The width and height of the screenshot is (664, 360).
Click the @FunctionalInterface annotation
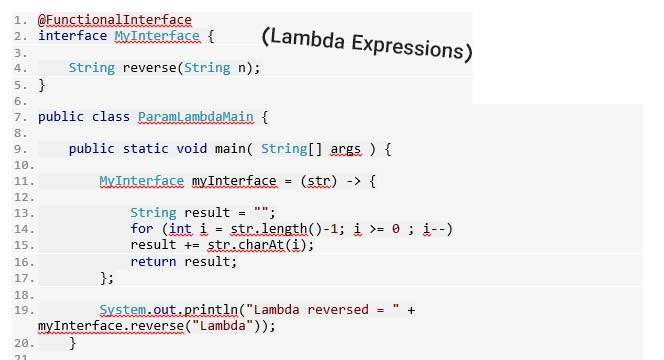(114, 19)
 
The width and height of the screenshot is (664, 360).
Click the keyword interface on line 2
(72, 36)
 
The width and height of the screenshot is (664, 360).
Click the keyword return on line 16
(153, 261)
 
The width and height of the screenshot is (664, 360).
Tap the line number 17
(18, 278)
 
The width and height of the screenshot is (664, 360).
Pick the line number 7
(18, 117)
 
